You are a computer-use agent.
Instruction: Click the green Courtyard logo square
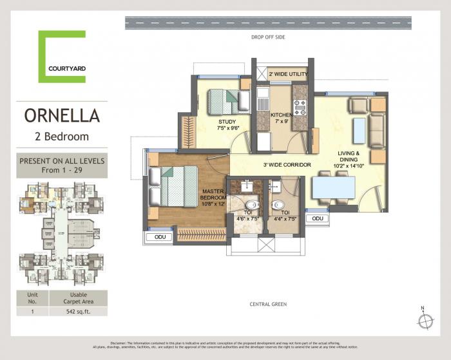tap(62, 56)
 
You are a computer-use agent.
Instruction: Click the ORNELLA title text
tap(62, 116)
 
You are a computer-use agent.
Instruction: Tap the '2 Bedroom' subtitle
tap(62, 136)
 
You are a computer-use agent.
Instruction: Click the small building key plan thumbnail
tap(62, 232)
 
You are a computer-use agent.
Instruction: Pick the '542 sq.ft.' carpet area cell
tap(83, 312)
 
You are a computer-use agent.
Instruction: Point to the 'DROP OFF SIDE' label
tap(268, 37)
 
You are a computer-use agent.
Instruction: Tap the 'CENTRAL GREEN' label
tap(269, 303)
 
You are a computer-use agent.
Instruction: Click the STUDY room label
tap(226, 122)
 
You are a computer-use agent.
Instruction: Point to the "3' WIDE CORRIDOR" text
tap(287, 165)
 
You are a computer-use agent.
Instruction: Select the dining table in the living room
tap(333, 187)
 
